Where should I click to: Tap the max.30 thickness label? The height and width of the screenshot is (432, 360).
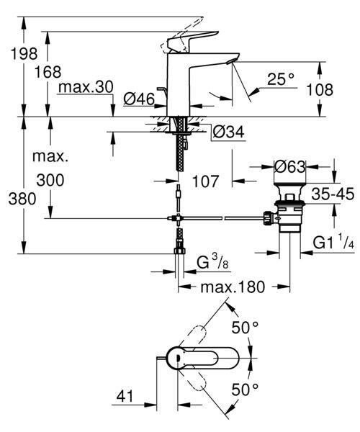86,87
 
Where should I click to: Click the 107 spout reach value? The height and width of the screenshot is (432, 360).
206,183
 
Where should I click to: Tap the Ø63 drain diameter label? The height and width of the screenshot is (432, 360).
290,167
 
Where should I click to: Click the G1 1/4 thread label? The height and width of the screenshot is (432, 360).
331,244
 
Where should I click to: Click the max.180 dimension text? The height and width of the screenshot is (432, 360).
232,287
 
